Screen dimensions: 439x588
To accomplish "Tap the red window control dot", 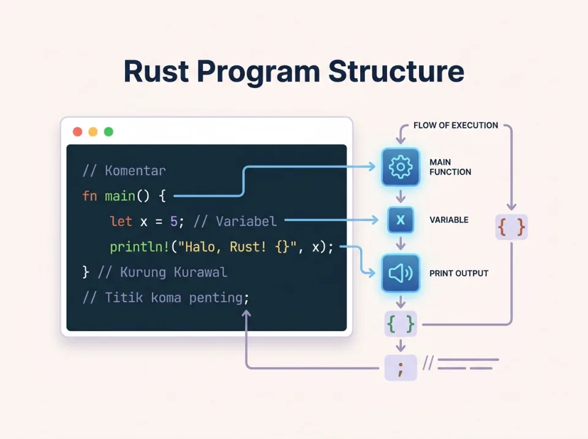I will coord(77,132).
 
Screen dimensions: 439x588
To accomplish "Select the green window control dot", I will coord(108,132).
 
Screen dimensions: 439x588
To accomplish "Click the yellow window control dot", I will coord(93,132).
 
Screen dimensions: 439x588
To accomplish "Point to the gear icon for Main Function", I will coord(401,167).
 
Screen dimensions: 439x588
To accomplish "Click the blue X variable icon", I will coord(401,220).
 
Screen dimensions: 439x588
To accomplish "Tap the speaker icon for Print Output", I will coord(401,273).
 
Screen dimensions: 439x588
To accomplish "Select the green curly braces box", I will coord(401,324).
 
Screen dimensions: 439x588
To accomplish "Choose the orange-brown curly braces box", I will coord(511,227).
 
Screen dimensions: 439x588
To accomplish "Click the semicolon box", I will coord(401,367).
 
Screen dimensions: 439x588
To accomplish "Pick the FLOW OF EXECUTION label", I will coord(456,126).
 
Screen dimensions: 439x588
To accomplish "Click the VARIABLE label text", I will coord(449,220).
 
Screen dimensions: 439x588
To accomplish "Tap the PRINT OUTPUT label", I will coord(459,273).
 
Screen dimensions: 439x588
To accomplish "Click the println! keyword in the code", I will coord(138,247).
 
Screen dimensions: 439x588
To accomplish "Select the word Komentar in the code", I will coord(135,170).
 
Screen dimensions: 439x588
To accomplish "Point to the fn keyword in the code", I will coord(89,196).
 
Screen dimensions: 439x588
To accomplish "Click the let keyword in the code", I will coord(121,221).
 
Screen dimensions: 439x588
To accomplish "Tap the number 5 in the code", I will coord(173,221).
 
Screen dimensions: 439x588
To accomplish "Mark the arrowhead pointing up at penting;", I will coord(246,313).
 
